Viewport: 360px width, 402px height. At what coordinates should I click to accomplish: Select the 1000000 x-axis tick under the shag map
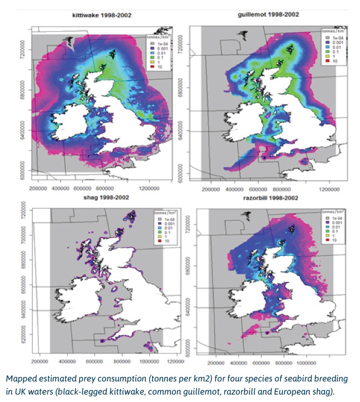149,361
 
